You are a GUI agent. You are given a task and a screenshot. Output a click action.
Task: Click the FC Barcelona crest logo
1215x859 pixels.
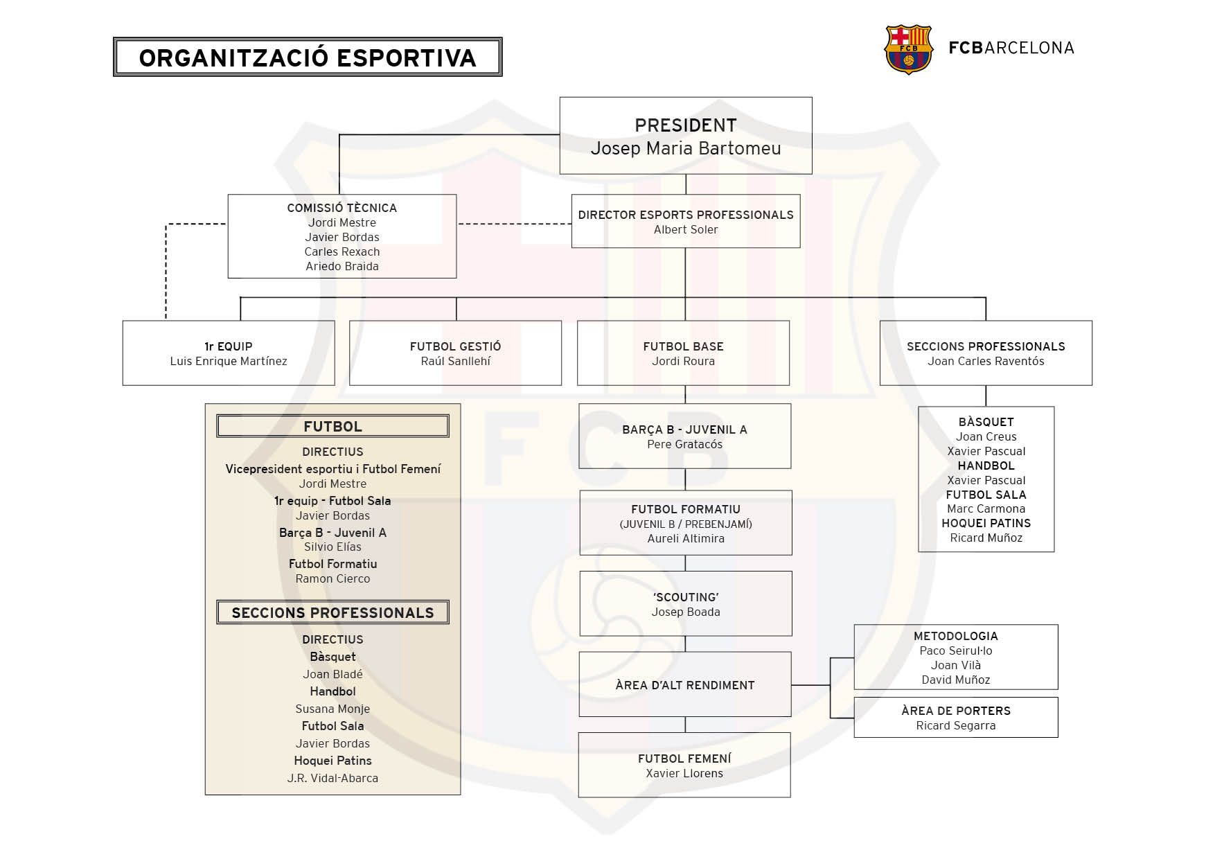(x=908, y=49)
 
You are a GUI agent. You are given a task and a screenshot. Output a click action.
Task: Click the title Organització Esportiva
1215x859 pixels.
(x=308, y=57)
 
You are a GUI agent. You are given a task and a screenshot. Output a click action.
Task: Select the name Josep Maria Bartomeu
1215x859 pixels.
(x=686, y=148)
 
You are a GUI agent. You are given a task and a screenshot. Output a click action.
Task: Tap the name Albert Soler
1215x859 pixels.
(x=686, y=230)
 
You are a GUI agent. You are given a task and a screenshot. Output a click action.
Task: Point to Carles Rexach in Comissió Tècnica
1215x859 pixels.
(x=342, y=252)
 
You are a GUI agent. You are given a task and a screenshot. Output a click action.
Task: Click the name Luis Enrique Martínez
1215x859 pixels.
(x=229, y=362)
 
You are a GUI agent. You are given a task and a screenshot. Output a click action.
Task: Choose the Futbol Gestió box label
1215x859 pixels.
(x=456, y=346)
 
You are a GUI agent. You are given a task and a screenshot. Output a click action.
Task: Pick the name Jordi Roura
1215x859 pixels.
(x=684, y=362)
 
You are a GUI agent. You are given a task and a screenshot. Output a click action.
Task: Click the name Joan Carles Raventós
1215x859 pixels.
(x=986, y=362)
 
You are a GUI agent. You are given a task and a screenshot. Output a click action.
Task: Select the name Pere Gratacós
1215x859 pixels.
(x=685, y=445)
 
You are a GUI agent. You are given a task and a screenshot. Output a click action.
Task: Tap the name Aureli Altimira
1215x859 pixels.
(x=686, y=539)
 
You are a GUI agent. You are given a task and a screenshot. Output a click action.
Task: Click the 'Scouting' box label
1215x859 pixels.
(x=686, y=597)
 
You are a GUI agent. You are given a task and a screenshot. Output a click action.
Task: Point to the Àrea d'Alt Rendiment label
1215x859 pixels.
(x=685, y=685)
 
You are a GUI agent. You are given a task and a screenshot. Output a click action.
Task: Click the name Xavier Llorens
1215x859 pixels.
(x=684, y=774)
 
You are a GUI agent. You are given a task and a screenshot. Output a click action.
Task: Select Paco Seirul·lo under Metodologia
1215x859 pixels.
(x=956, y=651)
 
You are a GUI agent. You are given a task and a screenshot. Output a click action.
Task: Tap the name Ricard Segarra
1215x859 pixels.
(x=956, y=726)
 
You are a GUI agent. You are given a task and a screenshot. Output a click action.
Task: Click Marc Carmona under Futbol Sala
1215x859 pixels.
(x=986, y=509)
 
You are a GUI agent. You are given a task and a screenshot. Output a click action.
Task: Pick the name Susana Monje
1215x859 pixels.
(x=332, y=709)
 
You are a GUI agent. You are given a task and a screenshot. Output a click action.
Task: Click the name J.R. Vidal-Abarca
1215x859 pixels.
(x=332, y=779)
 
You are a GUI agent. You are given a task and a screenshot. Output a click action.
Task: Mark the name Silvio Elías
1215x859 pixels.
(x=332, y=547)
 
